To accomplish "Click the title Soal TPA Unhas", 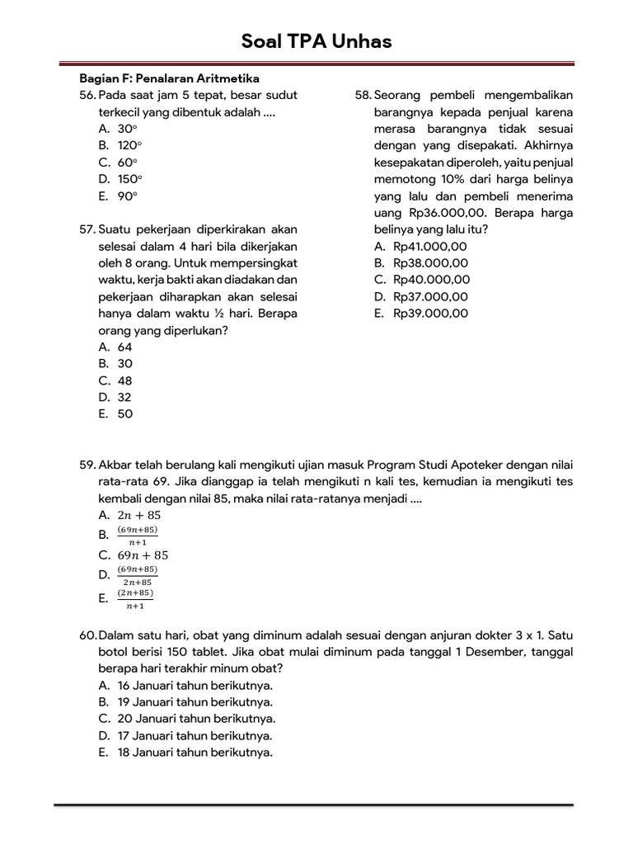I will pos(316,41).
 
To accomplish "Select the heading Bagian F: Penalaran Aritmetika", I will pos(169,78).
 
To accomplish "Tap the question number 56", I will pos(87,95).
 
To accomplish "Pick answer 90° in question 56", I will pos(127,196).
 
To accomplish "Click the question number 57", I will pos(87,229).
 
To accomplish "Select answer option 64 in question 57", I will pos(124,347).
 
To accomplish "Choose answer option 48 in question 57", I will pos(124,381).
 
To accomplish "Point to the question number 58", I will pos(363,95).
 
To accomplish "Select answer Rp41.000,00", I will pos(430,247).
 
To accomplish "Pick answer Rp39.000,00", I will pos(430,314).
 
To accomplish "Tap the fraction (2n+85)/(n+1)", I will pos(136,599).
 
